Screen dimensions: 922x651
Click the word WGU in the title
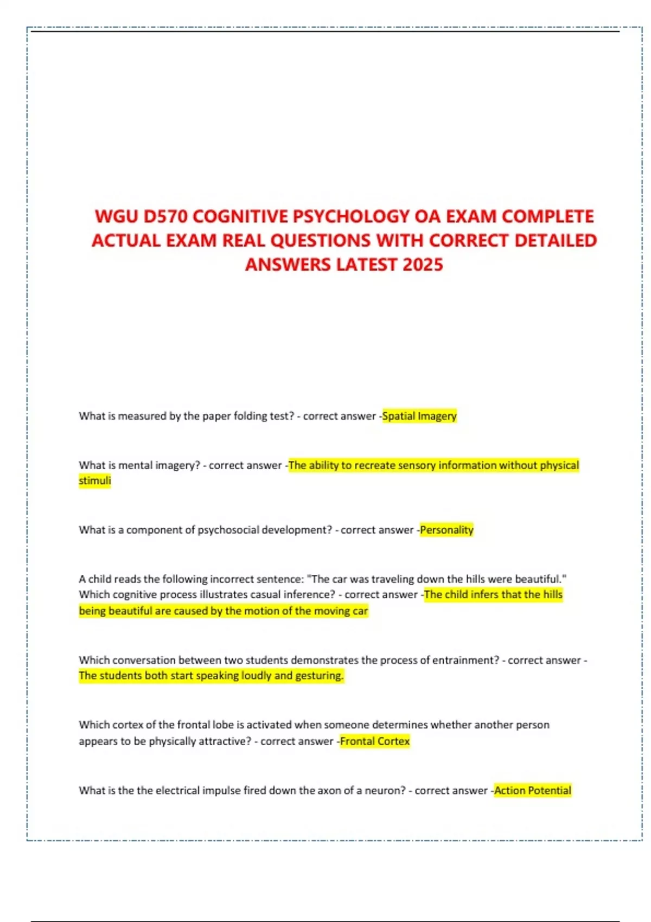(x=116, y=216)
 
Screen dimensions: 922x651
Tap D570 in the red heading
(x=165, y=216)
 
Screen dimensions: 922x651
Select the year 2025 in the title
(x=423, y=265)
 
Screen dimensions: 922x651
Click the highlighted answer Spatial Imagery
(x=419, y=416)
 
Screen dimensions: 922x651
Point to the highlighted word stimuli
(x=95, y=481)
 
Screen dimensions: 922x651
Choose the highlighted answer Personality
(x=446, y=530)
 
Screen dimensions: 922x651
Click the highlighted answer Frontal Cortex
(x=375, y=741)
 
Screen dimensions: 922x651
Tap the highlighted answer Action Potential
(x=533, y=791)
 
